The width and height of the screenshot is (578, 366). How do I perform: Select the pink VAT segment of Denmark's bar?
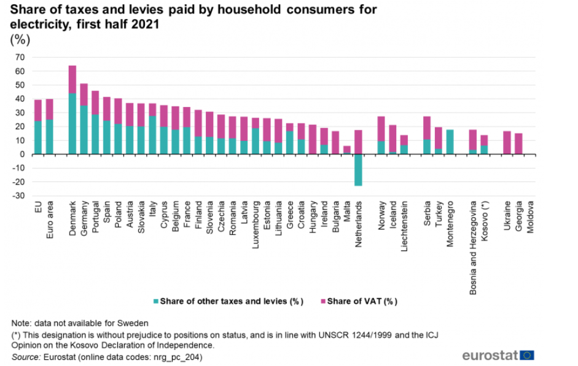click(x=72, y=79)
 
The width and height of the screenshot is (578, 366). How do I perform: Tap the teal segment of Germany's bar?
click(x=84, y=129)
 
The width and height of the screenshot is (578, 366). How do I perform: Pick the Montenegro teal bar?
click(x=450, y=141)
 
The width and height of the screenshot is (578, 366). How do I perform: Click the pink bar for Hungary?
click(x=313, y=139)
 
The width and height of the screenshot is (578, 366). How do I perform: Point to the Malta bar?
click(x=347, y=149)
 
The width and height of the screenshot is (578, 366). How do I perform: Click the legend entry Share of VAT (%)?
click(x=362, y=301)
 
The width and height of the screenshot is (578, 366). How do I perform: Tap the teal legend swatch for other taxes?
click(x=156, y=301)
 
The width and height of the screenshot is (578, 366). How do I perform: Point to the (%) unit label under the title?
click(x=20, y=40)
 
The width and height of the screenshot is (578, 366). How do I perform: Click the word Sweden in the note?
click(x=134, y=322)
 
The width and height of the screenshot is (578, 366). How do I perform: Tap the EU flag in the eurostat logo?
click(x=526, y=355)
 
